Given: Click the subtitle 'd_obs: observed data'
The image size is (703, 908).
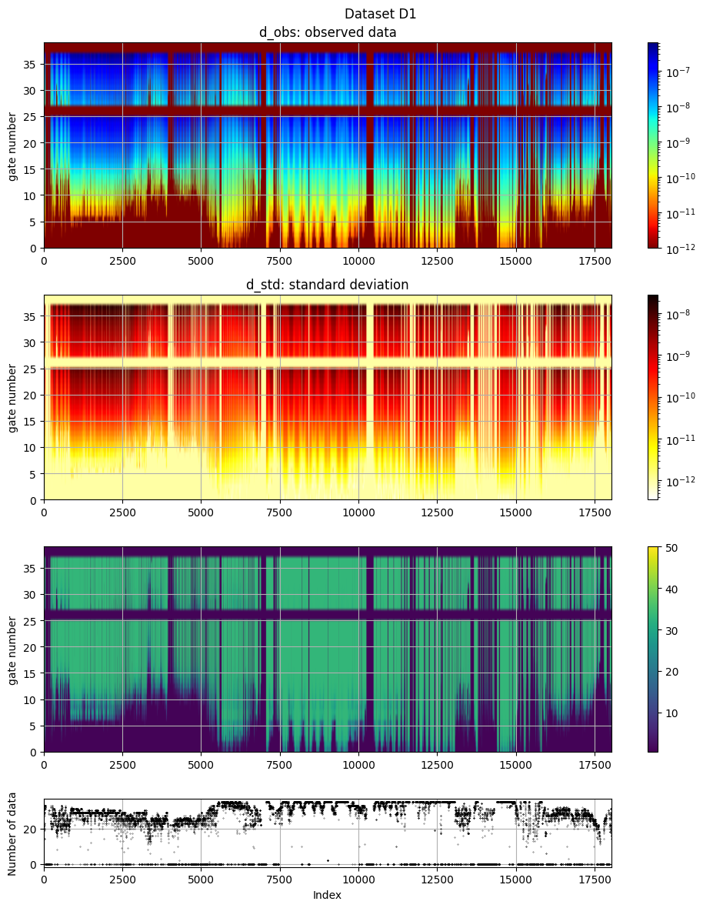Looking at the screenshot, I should (x=327, y=32).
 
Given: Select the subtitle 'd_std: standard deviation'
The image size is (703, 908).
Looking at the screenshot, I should (x=327, y=285).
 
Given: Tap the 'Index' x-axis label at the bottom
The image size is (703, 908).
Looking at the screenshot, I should (x=327, y=895).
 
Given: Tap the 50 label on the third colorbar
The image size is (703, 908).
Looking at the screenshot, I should (x=669, y=546).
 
